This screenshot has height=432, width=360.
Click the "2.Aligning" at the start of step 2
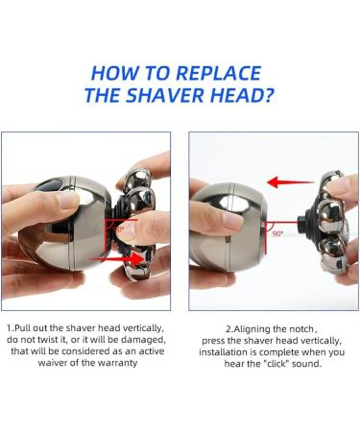(236, 327)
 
